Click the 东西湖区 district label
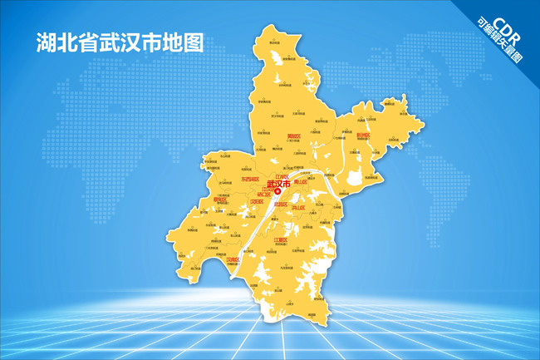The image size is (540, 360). (x=249, y=179)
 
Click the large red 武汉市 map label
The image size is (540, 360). (x=279, y=184)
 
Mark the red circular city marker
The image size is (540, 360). (x=278, y=191)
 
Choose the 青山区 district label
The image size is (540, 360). (x=301, y=181)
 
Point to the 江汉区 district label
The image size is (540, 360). (x=268, y=189)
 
